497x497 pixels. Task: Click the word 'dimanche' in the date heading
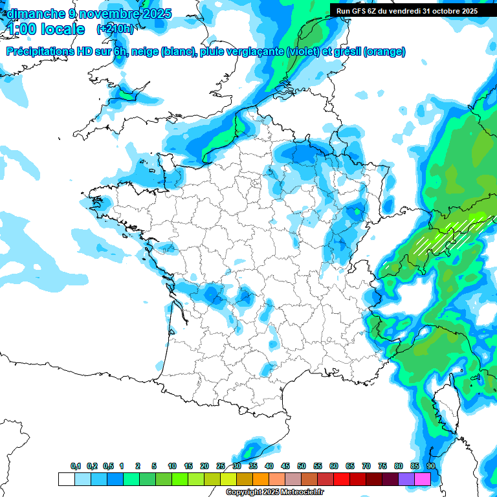click(32, 14)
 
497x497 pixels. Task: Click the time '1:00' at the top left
click(25, 29)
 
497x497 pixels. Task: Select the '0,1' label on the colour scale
click(76, 467)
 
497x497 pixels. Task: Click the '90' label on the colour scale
click(431, 467)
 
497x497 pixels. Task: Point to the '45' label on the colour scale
click(285, 467)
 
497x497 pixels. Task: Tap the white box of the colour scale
click(66, 479)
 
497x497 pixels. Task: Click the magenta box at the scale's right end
click(423, 479)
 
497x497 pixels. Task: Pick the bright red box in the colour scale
click(342, 479)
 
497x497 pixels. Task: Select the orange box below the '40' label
click(261, 479)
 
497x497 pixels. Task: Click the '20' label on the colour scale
click(204, 467)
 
